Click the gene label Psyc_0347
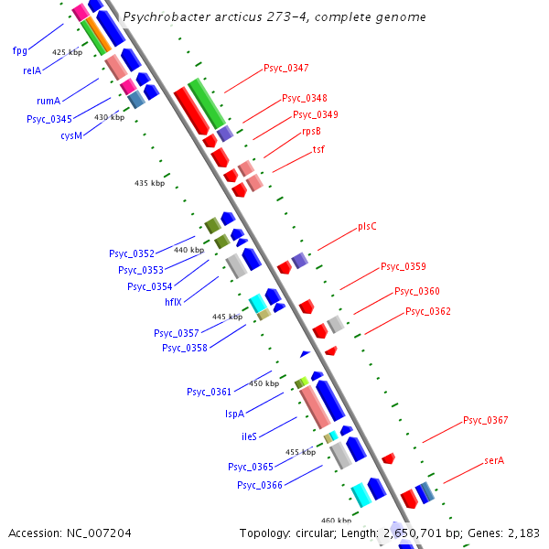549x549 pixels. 285,68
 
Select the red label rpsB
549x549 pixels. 311,131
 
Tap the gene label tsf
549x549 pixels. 318,149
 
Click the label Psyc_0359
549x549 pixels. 403,267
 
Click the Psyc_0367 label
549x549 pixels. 485,420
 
